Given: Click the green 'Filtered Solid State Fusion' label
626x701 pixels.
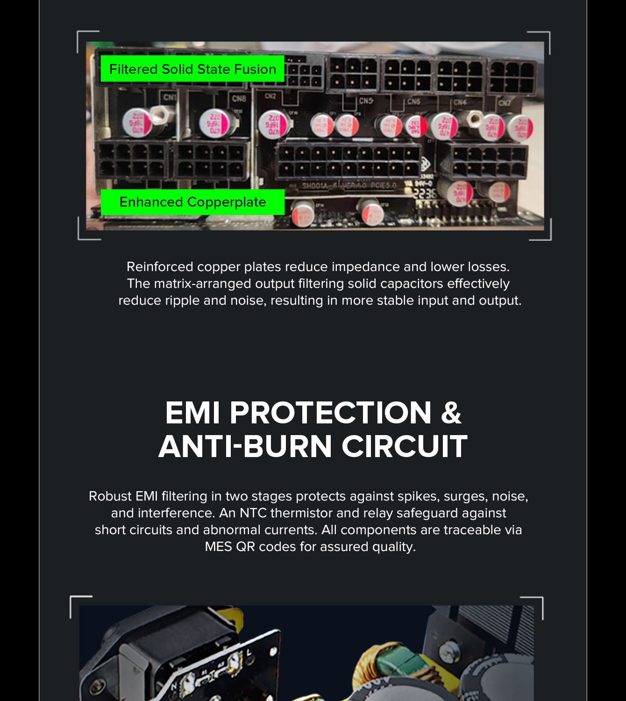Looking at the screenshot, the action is tap(192, 69).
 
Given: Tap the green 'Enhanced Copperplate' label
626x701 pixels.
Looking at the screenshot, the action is tap(192, 202).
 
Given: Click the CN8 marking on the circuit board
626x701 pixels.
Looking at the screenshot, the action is tap(239, 99).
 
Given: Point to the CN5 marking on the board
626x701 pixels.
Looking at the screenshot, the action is tap(366, 100).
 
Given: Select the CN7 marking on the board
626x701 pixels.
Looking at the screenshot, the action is tap(504, 103).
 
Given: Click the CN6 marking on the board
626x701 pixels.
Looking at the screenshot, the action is tap(413, 101).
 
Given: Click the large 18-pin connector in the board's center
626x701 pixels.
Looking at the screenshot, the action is tap(349, 161).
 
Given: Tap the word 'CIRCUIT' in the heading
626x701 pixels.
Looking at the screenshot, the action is tap(405, 446).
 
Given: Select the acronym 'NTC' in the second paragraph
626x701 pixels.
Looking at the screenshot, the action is tap(253, 513).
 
